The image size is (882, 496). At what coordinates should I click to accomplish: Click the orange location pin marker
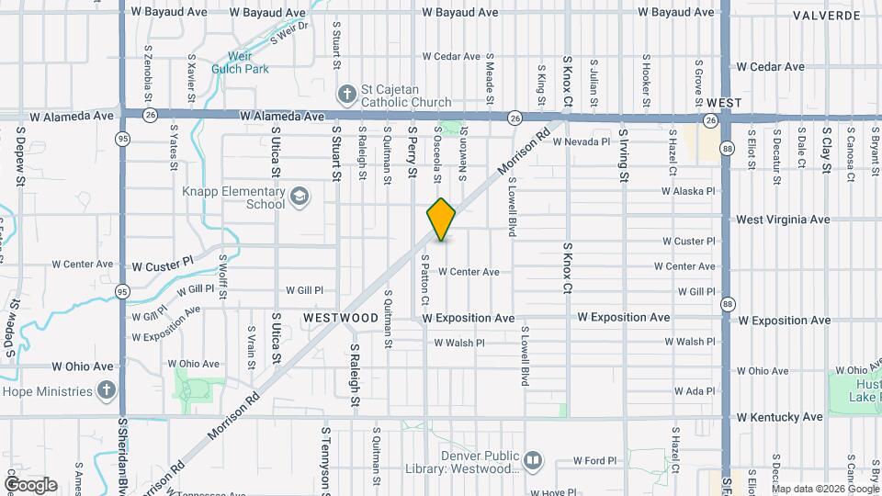point(441,220)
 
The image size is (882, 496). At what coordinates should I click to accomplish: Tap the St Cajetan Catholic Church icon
point(346,93)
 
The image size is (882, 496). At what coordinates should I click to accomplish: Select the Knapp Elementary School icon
point(300,197)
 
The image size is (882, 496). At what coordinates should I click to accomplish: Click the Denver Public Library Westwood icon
point(533,459)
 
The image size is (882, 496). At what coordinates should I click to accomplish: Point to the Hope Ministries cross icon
point(107,391)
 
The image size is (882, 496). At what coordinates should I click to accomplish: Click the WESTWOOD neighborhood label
point(341,317)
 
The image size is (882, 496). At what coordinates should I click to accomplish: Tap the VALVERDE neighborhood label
point(828,15)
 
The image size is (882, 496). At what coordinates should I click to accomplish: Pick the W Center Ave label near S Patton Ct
point(469,272)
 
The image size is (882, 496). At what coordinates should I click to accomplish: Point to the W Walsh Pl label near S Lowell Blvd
point(459,343)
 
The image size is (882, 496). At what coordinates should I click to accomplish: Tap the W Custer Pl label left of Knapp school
point(163,264)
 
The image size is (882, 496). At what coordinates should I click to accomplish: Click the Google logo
point(30,484)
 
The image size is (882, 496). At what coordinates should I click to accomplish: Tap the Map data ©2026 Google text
point(825,488)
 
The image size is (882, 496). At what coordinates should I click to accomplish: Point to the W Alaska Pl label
point(687,192)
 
